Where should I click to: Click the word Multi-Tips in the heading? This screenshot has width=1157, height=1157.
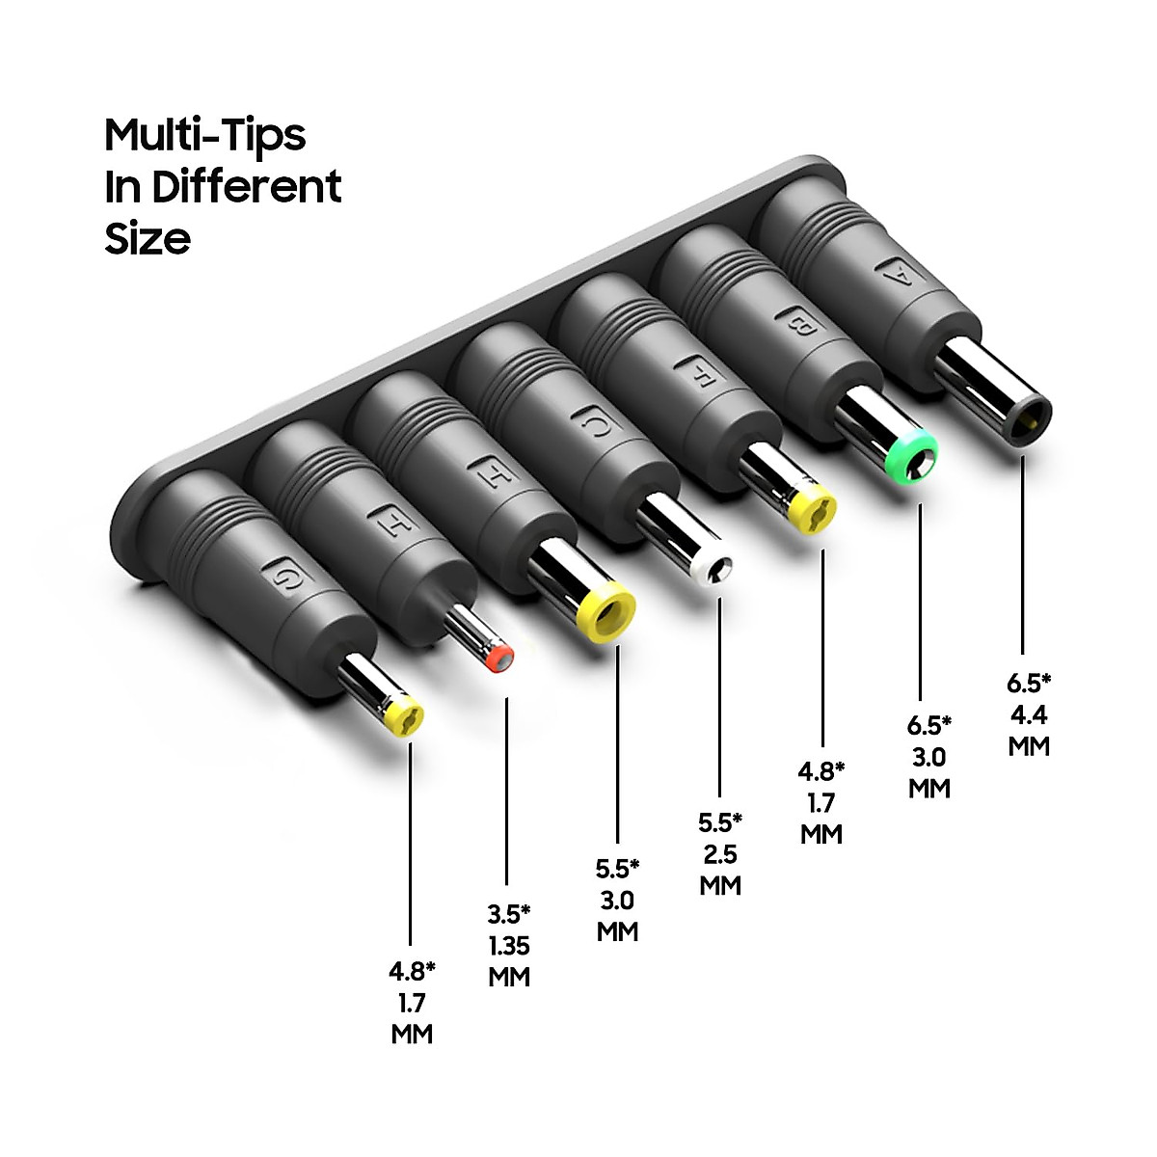click(x=204, y=136)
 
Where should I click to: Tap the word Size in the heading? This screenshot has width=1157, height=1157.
click(x=148, y=238)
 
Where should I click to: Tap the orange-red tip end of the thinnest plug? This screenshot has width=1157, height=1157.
click(x=500, y=658)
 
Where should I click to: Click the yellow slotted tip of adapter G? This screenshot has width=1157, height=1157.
click(x=404, y=717)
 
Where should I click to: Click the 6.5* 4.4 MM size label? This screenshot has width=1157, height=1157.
click(x=1029, y=714)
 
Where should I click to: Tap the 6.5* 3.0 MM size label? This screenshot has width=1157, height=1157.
click(x=929, y=757)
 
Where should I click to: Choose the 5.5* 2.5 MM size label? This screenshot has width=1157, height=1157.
click(x=720, y=853)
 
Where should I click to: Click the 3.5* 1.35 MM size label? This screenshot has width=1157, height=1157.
click(x=509, y=945)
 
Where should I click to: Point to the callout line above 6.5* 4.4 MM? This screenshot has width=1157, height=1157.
click(x=1022, y=559)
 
